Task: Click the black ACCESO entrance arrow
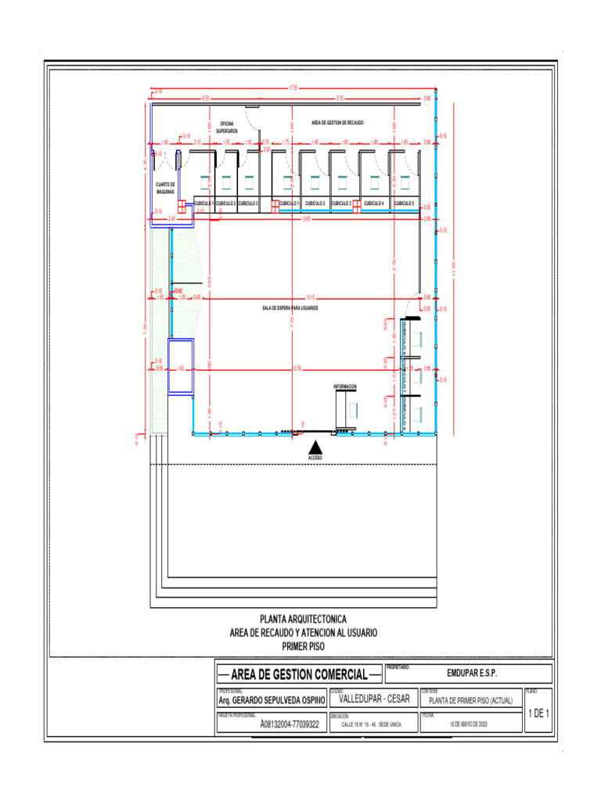314,447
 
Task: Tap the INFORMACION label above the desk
345,386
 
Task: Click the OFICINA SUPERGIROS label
228,127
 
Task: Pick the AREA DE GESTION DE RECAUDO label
337,123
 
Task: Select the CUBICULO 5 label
404,203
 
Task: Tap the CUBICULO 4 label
372,203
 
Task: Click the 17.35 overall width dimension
293,87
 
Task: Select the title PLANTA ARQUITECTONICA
302,619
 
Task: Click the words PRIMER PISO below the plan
302,646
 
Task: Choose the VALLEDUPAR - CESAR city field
375,699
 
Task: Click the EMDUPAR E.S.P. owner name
472,673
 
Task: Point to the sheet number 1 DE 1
539,713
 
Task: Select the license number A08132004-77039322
290,725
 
